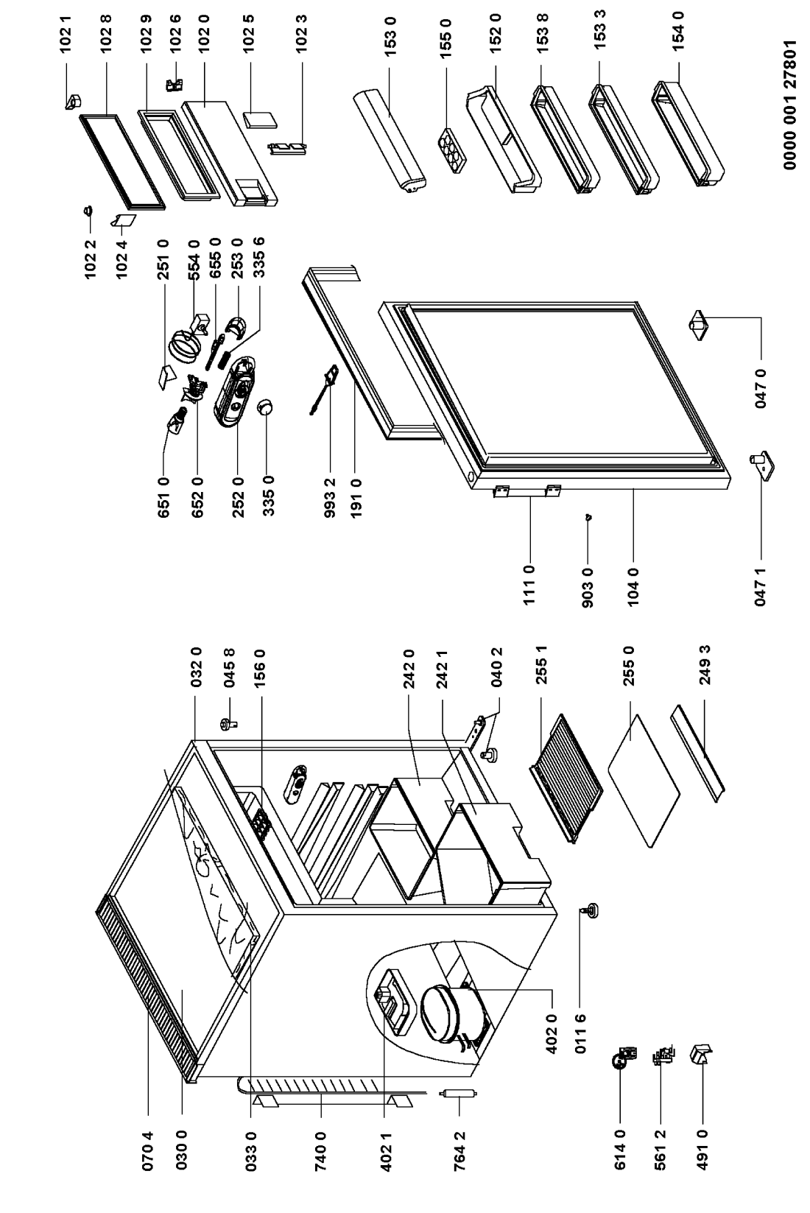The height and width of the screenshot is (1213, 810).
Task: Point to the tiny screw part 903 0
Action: point(588,517)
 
